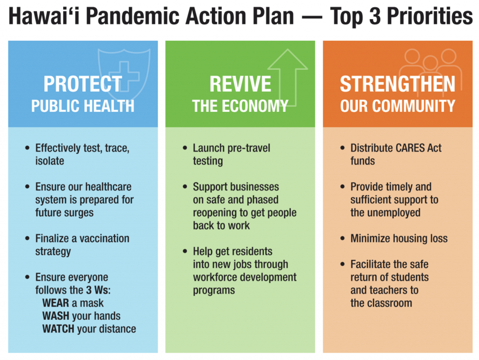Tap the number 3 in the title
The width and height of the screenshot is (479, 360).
(x=376, y=16)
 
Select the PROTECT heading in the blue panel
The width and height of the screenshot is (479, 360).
(x=82, y=84)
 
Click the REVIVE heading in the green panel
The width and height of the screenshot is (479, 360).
(x=240, y=84)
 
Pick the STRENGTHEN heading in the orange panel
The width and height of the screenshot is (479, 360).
(x=398, y=84)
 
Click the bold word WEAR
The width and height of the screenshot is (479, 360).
(x=56, y=303)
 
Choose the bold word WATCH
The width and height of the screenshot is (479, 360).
(x=58, y=329)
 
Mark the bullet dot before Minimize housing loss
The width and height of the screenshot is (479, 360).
(x=342, y=238)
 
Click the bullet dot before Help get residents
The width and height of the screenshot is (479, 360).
(x=185, y=251)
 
